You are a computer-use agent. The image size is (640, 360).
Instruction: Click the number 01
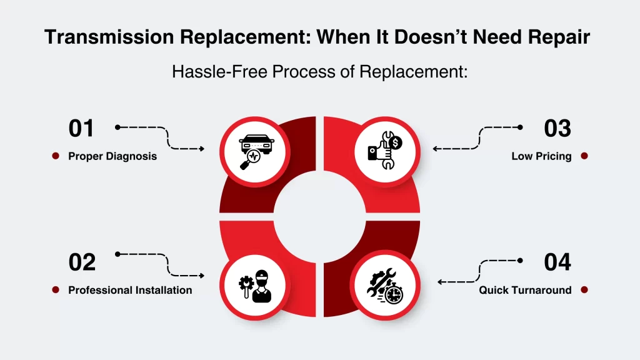[81, 128]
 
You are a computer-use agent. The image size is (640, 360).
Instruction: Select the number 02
[82, 262]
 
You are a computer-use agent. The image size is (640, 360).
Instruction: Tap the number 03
[557, 128]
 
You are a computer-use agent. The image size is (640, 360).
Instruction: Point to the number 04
[557, 262]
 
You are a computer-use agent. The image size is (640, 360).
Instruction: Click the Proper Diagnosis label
[112, 156]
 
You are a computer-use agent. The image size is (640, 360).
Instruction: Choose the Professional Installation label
[130, 290]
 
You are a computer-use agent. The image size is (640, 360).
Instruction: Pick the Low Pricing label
[541, 156]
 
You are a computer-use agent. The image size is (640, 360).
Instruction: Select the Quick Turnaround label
[525, 290]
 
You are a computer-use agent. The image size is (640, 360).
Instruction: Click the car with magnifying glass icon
[256, 152]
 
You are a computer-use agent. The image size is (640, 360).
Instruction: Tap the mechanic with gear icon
[255, 286]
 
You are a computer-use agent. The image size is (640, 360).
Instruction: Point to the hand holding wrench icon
[385, 150]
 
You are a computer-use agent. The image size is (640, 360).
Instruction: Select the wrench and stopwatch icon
[385, 286]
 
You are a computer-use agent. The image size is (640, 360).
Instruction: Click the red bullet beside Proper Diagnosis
[56, 156]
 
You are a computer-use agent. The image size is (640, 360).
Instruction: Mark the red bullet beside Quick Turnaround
[584, 290]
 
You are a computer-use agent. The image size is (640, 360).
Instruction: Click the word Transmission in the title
[109, 37]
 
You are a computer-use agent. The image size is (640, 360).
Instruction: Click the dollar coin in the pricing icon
[396, 143]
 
